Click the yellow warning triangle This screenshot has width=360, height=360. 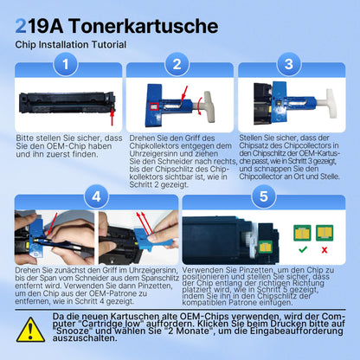(26, 331)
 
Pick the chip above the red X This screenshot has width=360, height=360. (325, 233)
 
